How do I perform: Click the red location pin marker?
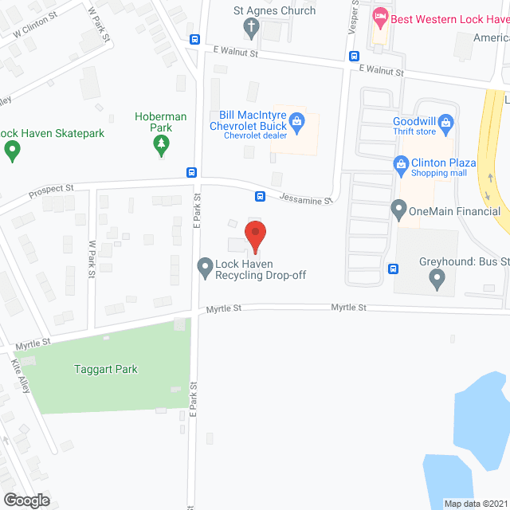254,236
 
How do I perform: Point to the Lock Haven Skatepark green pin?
12,149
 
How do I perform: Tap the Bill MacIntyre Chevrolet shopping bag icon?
297,120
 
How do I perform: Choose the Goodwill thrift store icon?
446,122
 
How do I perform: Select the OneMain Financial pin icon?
398,210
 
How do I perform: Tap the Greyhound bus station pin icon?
436,278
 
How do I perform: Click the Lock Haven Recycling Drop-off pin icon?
205,265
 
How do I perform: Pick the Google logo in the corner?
26,500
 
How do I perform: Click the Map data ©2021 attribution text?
474,504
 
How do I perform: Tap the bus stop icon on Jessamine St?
260,196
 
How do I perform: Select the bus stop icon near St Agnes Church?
194,39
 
